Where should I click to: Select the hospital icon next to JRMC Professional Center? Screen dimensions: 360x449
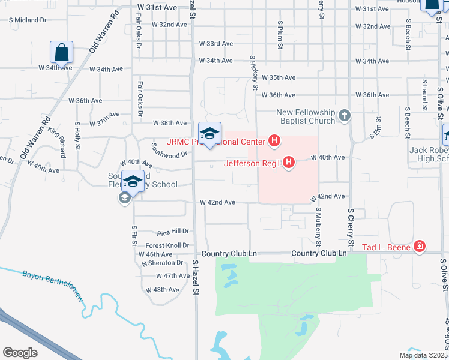(x=274, y=142)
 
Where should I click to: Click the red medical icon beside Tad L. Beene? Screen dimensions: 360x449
(x=419, y=247)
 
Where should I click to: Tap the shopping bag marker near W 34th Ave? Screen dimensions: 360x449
(x=62, y=53)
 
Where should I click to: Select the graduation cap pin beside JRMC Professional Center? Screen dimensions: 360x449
(x=210, y=134)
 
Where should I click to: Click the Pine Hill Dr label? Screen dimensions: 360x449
(x=173, y=232)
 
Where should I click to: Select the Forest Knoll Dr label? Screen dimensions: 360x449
(x=167, y=245)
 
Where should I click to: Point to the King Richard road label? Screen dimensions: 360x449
(x=57, y=142)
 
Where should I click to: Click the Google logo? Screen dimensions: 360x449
(x=20, y=353)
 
